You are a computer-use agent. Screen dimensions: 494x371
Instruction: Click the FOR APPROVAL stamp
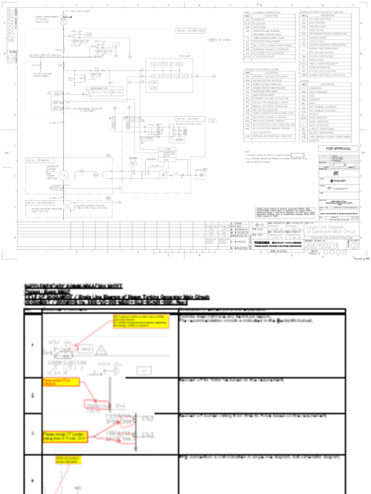[338, 149]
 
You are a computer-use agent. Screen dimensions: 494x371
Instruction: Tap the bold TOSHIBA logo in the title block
[263, 242]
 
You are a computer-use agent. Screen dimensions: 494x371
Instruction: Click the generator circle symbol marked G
[63, 175]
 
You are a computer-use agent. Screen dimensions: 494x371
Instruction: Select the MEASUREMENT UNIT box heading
[99, 88]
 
